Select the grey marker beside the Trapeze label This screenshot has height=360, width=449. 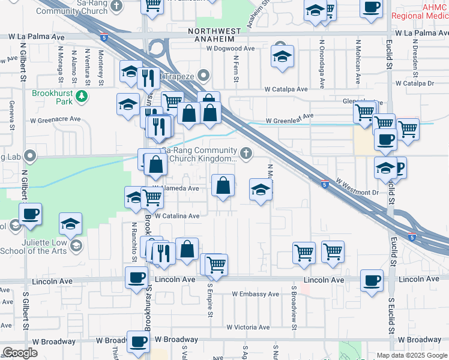(203, 76)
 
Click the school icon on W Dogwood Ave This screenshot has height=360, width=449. (281, 56)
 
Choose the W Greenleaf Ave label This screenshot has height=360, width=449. (290, 116)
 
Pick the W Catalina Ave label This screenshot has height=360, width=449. (176, 216)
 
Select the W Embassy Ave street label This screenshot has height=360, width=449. (256, 294)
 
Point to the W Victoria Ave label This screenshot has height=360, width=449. (248, 327)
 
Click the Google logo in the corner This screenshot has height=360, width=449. (20, 353)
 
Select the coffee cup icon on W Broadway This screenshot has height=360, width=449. (138, 341)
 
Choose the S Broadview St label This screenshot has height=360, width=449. (295, 307)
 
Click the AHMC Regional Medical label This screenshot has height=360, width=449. (427, 11)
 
